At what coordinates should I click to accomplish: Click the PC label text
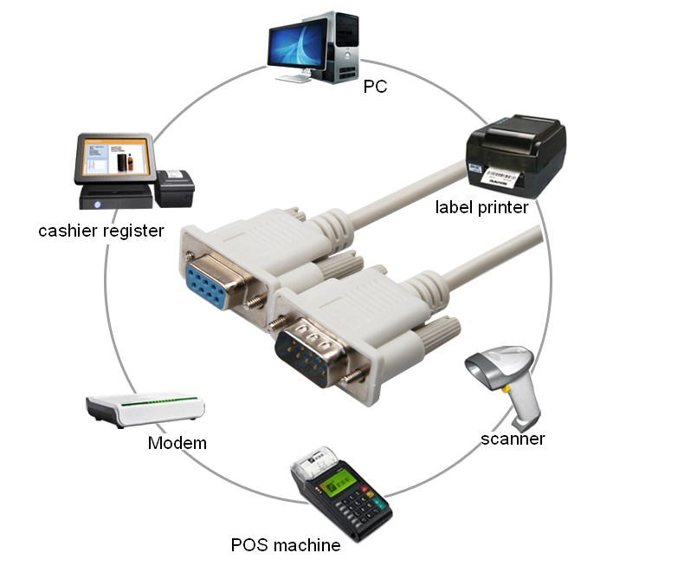pos(374,87)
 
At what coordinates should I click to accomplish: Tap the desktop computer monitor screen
pos(297,43)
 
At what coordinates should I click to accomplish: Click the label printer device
pos(516,156)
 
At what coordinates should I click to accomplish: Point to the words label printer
pos(482,208)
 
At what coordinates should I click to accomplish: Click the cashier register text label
pos(101,231)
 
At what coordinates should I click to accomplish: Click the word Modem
pos(177,444)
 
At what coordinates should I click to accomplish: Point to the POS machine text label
pos(285,545)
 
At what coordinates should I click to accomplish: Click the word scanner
pos(513,439)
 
